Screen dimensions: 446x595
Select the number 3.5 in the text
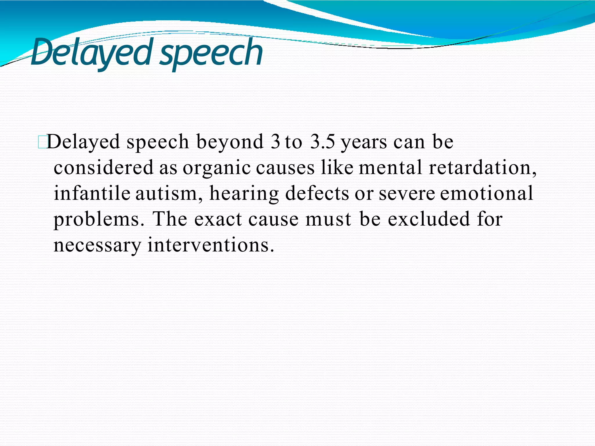pos(322,142)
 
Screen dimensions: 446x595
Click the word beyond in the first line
pos(230,142)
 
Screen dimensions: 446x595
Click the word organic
pos(216,168)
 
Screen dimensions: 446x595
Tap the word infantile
pos(92,193)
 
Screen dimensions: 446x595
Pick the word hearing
pos(244,193)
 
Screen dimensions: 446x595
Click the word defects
pos(317,193)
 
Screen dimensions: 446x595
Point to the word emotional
pos(487,193)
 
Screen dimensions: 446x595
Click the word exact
pos(218,219)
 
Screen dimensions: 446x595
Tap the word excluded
pos(429,219)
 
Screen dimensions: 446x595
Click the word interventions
pos(211,245)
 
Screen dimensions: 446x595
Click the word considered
pos(103,168)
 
